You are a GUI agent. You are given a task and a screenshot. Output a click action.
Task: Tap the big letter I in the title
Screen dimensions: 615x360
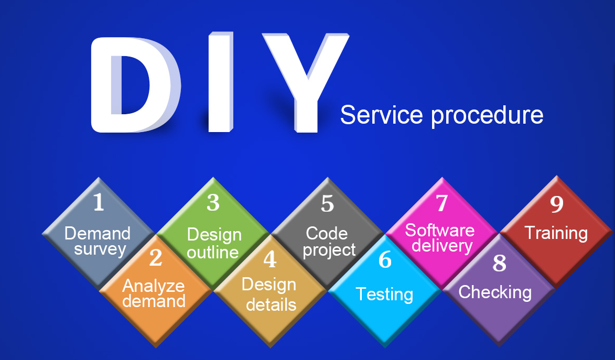coord(220,82)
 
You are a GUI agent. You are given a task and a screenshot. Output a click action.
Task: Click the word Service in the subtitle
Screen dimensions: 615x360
coord(381,115)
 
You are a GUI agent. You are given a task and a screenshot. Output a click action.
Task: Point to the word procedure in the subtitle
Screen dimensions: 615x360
coord(487,116)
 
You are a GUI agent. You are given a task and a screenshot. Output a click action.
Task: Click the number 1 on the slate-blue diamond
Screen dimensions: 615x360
coord(99,202)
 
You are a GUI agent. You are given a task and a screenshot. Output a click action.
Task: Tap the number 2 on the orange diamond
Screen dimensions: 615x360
coord(156,258)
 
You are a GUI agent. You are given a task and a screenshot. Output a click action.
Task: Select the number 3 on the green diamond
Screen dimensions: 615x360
coord(213,202)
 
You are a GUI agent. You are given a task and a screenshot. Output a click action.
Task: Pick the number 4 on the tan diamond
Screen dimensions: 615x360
coord(270,259)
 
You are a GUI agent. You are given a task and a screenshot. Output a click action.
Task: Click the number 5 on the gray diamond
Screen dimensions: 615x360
coord(328,203)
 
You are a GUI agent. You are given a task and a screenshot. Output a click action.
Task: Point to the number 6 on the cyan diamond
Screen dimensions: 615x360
coord(385,259)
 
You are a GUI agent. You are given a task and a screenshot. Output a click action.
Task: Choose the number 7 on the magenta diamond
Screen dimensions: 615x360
coord(442,203)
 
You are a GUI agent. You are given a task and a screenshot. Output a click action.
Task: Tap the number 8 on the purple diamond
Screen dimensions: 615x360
coord(499,263)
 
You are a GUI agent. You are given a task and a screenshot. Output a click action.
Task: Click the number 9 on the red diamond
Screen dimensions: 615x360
coord(557,204)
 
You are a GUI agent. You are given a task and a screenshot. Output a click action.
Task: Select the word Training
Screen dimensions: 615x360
coord(556,234)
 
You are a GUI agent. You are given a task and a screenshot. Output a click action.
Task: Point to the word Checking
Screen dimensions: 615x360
coord(495,292)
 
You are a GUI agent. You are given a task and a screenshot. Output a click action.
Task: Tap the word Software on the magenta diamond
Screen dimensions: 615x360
coord(440,230)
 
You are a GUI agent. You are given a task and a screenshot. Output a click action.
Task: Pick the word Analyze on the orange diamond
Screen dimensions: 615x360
coord(154,286)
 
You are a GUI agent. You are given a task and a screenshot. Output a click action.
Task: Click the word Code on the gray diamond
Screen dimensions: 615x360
coord(327,234)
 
